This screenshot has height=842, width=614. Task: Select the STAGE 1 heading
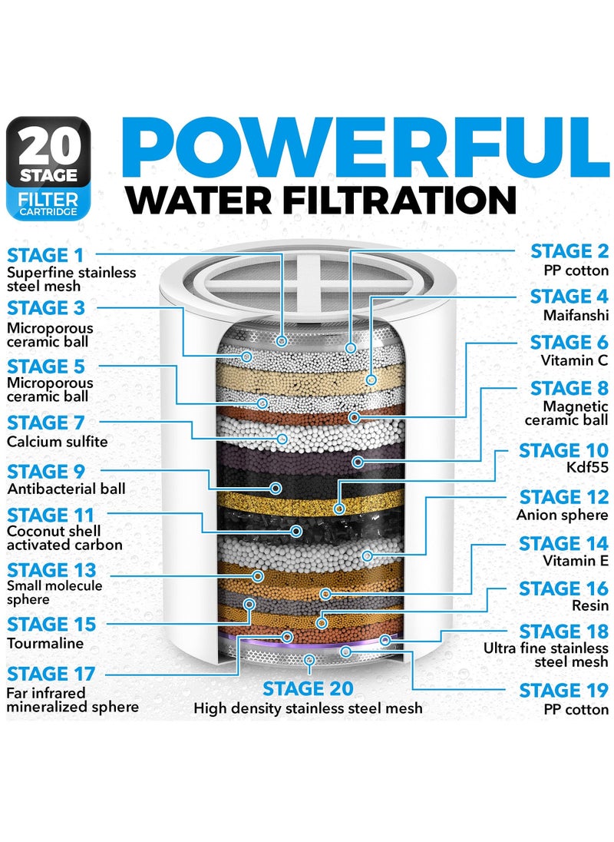tap(46, 254)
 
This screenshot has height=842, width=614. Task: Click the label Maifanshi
tap(576, 315)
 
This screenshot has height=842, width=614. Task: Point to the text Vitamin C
tap(576, 361)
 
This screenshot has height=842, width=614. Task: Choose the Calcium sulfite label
tap(58, 442)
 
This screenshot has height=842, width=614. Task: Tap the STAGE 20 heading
tap(308, 688)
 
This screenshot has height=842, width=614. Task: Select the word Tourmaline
tap(45, 644)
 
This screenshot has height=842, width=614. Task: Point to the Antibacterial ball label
tap(66, 489)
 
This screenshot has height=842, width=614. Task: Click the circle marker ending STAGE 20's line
tap(309, 659)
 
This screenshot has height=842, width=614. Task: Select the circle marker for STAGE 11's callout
tap(297, 530)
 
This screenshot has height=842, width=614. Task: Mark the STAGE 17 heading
tap(51, 675)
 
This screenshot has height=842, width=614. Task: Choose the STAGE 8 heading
tap(569, 388)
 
